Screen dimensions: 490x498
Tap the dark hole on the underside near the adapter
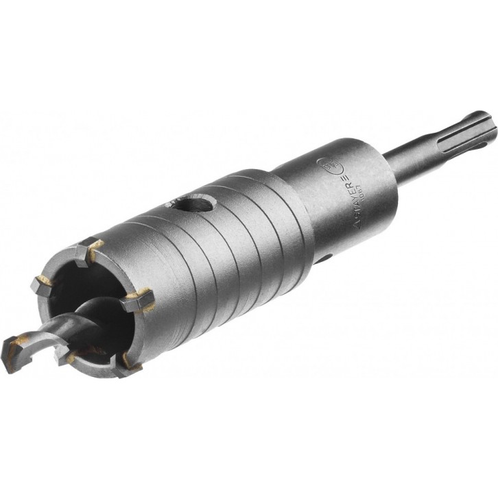tap(326, 260)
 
